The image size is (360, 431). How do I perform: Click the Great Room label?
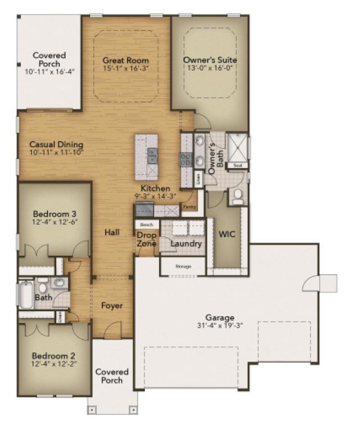125,60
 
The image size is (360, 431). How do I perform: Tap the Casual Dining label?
56,144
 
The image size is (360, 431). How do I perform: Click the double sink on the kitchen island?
152,156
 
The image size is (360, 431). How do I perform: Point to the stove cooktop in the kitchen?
186,159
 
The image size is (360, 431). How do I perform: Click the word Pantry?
189,207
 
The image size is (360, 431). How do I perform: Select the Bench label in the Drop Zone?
146,224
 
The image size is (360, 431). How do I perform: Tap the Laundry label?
186,244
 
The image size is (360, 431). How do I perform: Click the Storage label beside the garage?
183,266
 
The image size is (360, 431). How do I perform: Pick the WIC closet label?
227,234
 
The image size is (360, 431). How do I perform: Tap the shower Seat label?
237,165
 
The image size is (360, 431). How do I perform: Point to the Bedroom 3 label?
55,214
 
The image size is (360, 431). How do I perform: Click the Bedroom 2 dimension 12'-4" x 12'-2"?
54,365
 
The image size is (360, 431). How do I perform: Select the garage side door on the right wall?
312,283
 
